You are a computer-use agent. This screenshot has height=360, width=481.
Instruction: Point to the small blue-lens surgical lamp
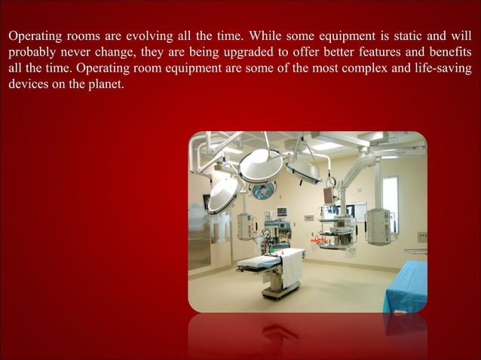pos(264,190)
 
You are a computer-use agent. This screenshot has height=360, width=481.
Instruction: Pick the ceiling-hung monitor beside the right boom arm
pos(330,194)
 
